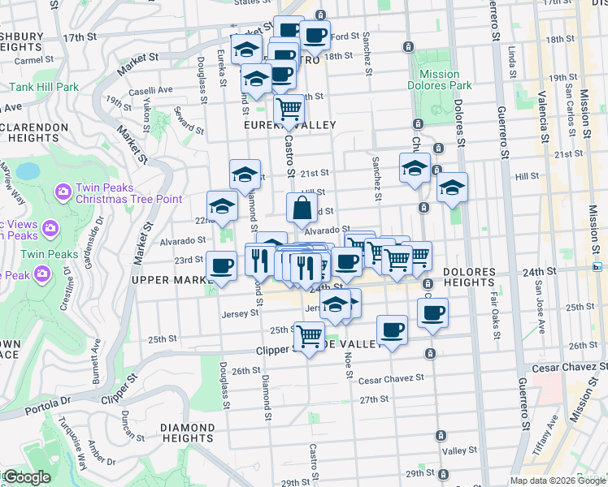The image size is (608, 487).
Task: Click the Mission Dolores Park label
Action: click(x=440, y=80)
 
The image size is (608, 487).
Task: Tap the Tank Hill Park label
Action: click(x=44, y=87)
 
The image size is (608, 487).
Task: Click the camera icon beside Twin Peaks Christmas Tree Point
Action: click(x=63, y=192)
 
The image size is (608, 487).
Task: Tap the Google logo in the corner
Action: click(x=27, y=477)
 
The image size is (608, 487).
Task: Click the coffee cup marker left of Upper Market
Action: click(x=221, y=265)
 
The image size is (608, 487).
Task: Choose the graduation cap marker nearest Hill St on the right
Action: click(x=452, y=187)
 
